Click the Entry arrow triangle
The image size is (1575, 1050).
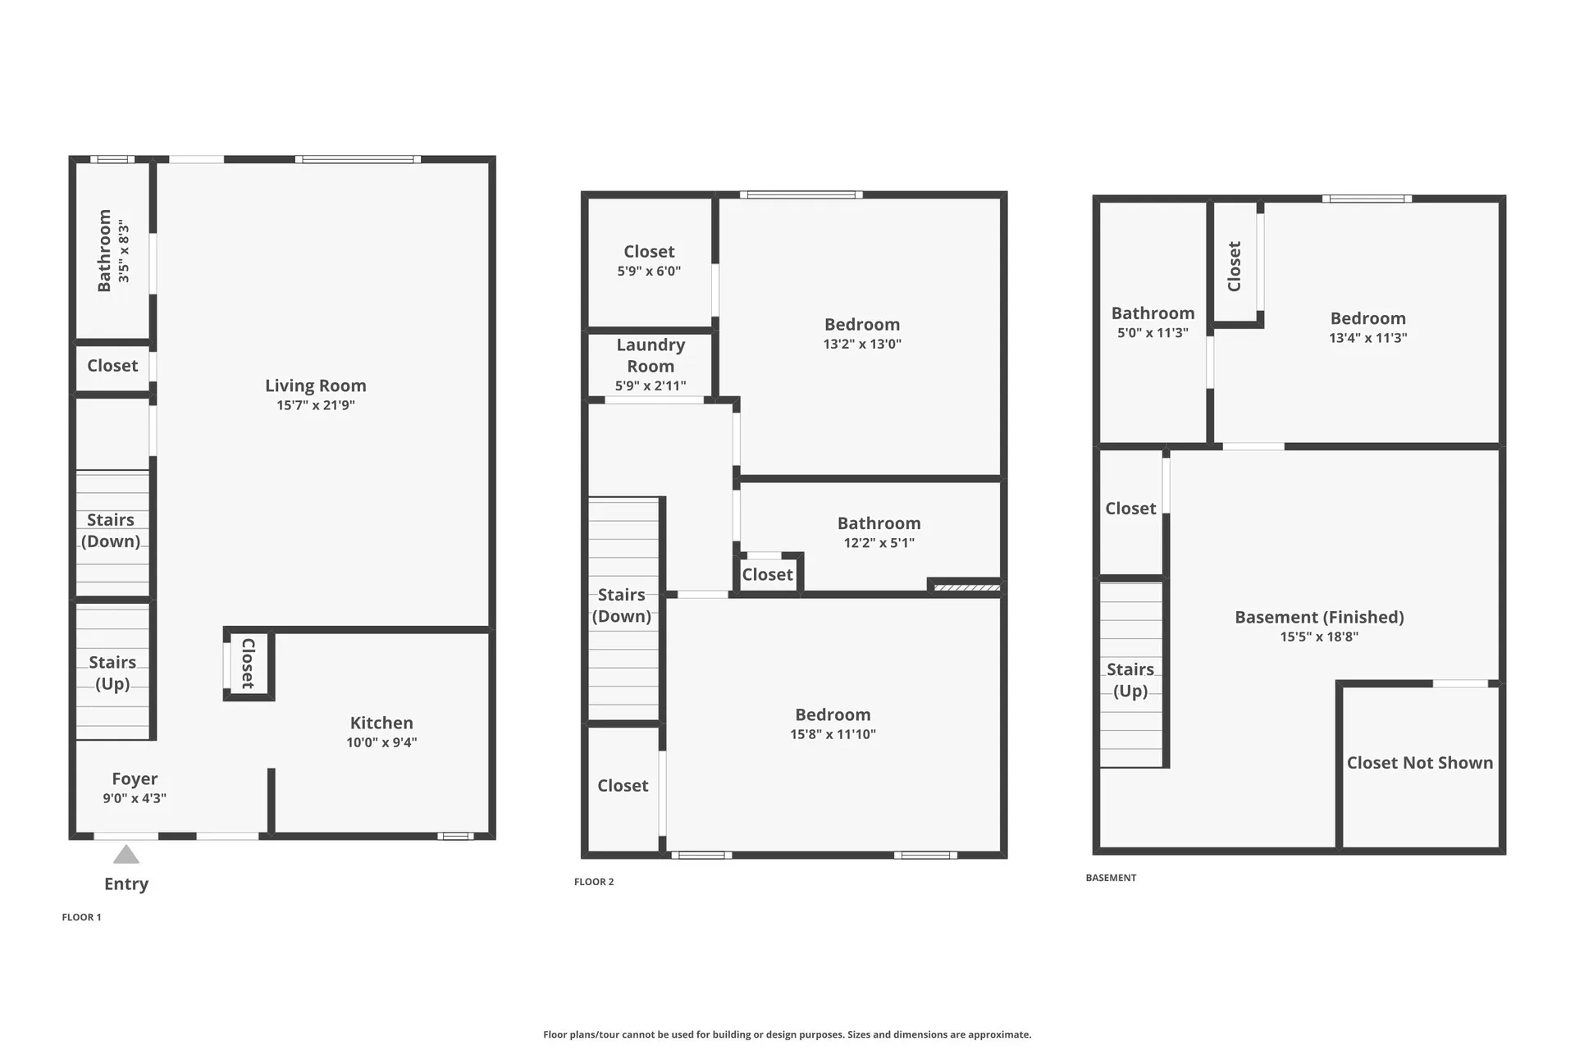[x=126, y=856]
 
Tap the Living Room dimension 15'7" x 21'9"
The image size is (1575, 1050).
[x=316, y=405]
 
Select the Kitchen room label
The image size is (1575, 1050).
[x=381, y=723]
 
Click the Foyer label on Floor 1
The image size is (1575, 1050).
[x=135, y=778]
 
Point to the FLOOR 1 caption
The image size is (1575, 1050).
[x=82, y=917]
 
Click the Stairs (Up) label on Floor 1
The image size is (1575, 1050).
[x=112, y=673]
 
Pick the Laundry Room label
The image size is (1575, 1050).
[x=651, y=355]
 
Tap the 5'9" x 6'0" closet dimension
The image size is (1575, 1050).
[x=649, y=272]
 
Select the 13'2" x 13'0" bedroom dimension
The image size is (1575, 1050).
[x=862, y=345]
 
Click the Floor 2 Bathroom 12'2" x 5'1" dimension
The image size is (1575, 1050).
[x=879, y=543]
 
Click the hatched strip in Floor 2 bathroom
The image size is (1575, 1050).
[x=966, y=587]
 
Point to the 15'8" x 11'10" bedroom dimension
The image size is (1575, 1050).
[x=833, y=735]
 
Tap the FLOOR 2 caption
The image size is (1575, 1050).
[x=594, y=882]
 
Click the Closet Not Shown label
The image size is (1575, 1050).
[x=1420, y=763]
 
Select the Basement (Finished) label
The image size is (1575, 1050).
[x=1319, y=617]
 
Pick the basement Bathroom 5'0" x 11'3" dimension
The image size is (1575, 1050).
[x=1153, y=333]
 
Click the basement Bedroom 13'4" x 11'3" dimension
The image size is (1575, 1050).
[x=1367, y=338]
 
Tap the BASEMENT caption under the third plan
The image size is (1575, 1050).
[x=1111, y=878]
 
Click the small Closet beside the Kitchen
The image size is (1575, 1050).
[x=249, y=664]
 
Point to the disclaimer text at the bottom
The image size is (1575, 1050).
[x=787, y=1034]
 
